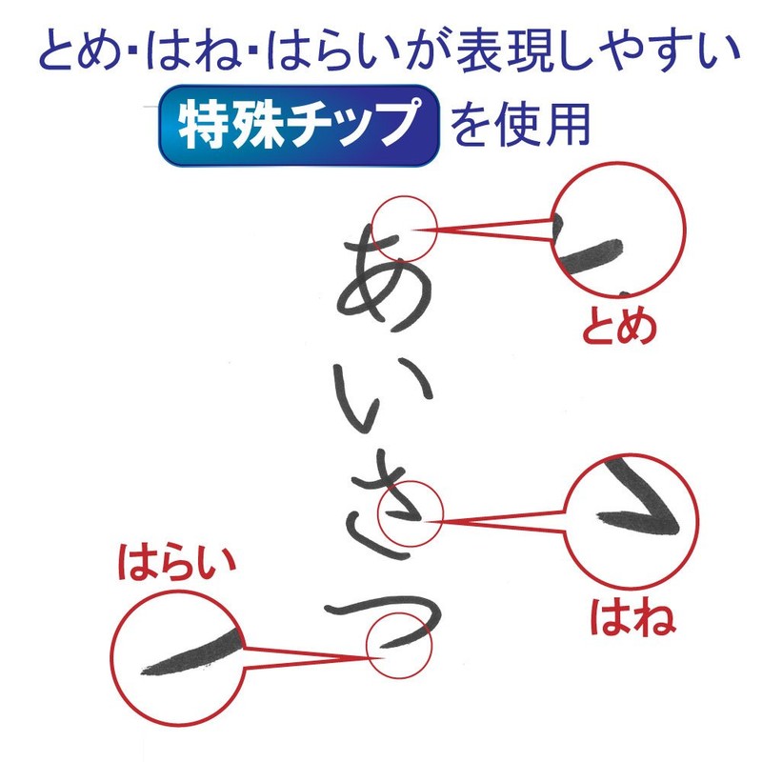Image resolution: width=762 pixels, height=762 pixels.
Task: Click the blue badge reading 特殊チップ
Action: point(298,127)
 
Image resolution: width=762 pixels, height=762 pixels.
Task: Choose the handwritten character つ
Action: point(381,619)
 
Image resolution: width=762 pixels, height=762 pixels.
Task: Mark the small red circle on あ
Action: point(404,230)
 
